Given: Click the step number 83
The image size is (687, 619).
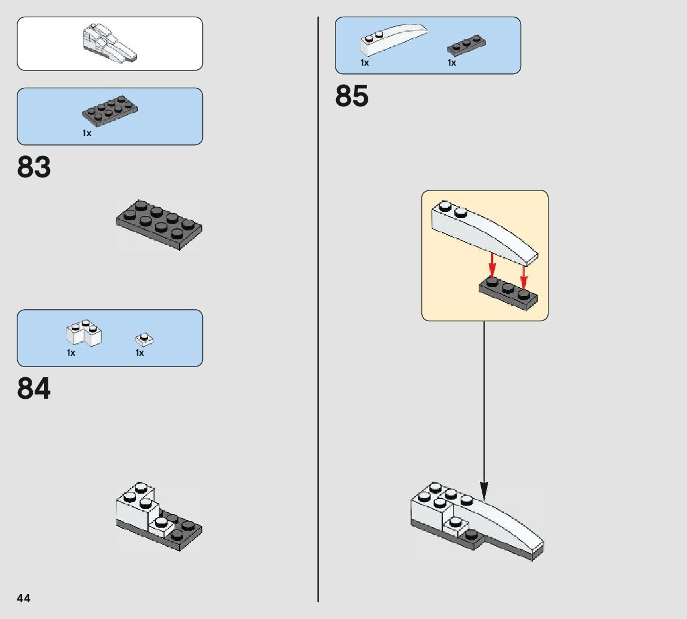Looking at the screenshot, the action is pos(34,167).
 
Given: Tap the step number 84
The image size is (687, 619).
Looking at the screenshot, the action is pos(34,389).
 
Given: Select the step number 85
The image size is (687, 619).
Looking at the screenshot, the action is pos(352,96).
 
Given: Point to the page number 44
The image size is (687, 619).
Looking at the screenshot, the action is pos(24,598).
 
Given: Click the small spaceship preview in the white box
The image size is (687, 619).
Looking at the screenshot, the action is pos(110,43).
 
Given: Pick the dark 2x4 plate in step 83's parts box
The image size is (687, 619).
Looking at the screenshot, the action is pos(110,111).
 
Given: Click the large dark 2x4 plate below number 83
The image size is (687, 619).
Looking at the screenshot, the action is pos(159,224).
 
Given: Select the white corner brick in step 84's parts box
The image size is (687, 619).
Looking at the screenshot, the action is pos(84,332).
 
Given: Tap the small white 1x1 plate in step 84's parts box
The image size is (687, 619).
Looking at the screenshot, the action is pos(144,340).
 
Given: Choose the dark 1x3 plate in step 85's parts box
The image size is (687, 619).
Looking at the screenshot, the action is pos(466,45).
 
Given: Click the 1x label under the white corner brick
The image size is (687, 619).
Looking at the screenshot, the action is pos(71,353).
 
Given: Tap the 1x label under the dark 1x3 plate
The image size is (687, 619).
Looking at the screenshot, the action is pos(452,63).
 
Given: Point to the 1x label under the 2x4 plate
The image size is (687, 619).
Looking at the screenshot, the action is pos(87,133).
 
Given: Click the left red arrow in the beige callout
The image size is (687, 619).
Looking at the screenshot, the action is pos(492,266).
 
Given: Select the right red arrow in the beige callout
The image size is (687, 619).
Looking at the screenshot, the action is pos(523,278).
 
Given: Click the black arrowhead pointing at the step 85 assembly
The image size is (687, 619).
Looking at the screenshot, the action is pos(484,491).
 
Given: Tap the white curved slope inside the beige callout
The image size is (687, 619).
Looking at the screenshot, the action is pos(485,233).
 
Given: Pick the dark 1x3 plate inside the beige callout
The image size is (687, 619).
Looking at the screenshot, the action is pos(509,294).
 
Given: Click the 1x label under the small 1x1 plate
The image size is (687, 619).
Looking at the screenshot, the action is pos(139,353).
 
